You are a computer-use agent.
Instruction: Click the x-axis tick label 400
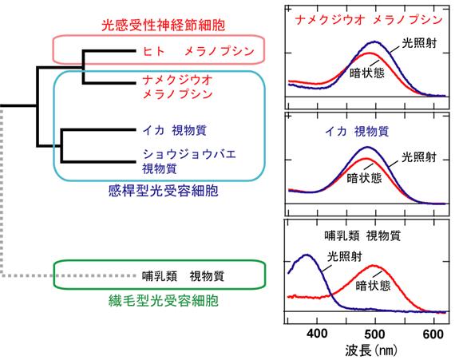pyautogui.click(x=317, y=334)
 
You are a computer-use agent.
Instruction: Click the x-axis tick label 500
pyautogui.click(x=375, y=334)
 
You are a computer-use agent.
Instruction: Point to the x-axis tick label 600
pyautogui.click(x=433, y=334)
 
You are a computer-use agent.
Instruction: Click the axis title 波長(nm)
pyautogui.click(x=371, y=350)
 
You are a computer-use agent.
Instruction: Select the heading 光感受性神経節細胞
pyautogui.click(x=164, y=26)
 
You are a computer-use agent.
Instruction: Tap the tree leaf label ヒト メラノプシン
pyautogui.click(x=199, y=51)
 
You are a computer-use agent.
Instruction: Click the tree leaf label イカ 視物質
pyautogui.click(x=174, y=130)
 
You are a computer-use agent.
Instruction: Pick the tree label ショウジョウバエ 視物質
pyautogui.click(x=189, y=161)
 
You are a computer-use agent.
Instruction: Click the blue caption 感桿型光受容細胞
pyautogui.click(x=164, y=191)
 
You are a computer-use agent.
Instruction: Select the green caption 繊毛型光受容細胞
pyautogui.click(x=164, y=300)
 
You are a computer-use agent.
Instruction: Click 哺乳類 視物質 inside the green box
pyautogui.click(x=183, y=276)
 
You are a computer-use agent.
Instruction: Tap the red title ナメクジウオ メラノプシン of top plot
pyautogui.click(x=369, y=20)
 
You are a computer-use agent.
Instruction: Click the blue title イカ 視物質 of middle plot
pyautogui.click(x=357, y=132)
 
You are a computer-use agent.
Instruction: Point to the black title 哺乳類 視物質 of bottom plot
pyautogui.click(x=362, y=235)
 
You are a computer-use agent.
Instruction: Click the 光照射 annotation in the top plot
pyautogui.click(x=419, y=43)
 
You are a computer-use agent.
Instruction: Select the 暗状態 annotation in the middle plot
pyautogui.click(x=365, y=177)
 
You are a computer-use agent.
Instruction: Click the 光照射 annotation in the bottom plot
pyautogui.click(x=345, y=256)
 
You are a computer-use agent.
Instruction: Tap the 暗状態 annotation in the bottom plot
pyautogui.click(x=373, y=286)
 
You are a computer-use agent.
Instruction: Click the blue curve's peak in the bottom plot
pyautogui.click(x=307, y=255)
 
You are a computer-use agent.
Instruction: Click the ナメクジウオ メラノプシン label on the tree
pyautogui.click(x=178, y=87)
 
